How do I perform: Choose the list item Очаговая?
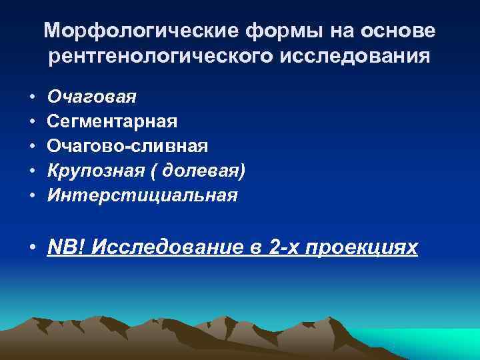(x=93, y=97)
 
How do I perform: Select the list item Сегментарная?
(x=113, y=121)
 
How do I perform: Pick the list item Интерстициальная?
(x=143, y=195)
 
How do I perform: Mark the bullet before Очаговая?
(x=32, y=97)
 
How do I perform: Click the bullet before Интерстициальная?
(x=32, y=196)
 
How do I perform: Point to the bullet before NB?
(x=32, y=249)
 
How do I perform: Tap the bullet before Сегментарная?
(x=32, y=122)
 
